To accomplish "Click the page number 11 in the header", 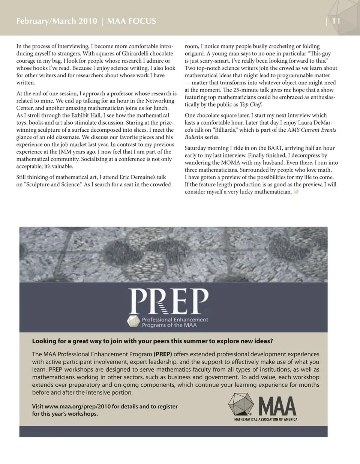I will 336,21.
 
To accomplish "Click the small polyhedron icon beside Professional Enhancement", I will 133,322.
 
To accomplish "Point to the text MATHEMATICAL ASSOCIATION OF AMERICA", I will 265,419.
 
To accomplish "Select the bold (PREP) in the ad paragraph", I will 163,354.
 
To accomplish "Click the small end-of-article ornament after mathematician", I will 296,192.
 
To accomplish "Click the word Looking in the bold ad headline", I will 44,341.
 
